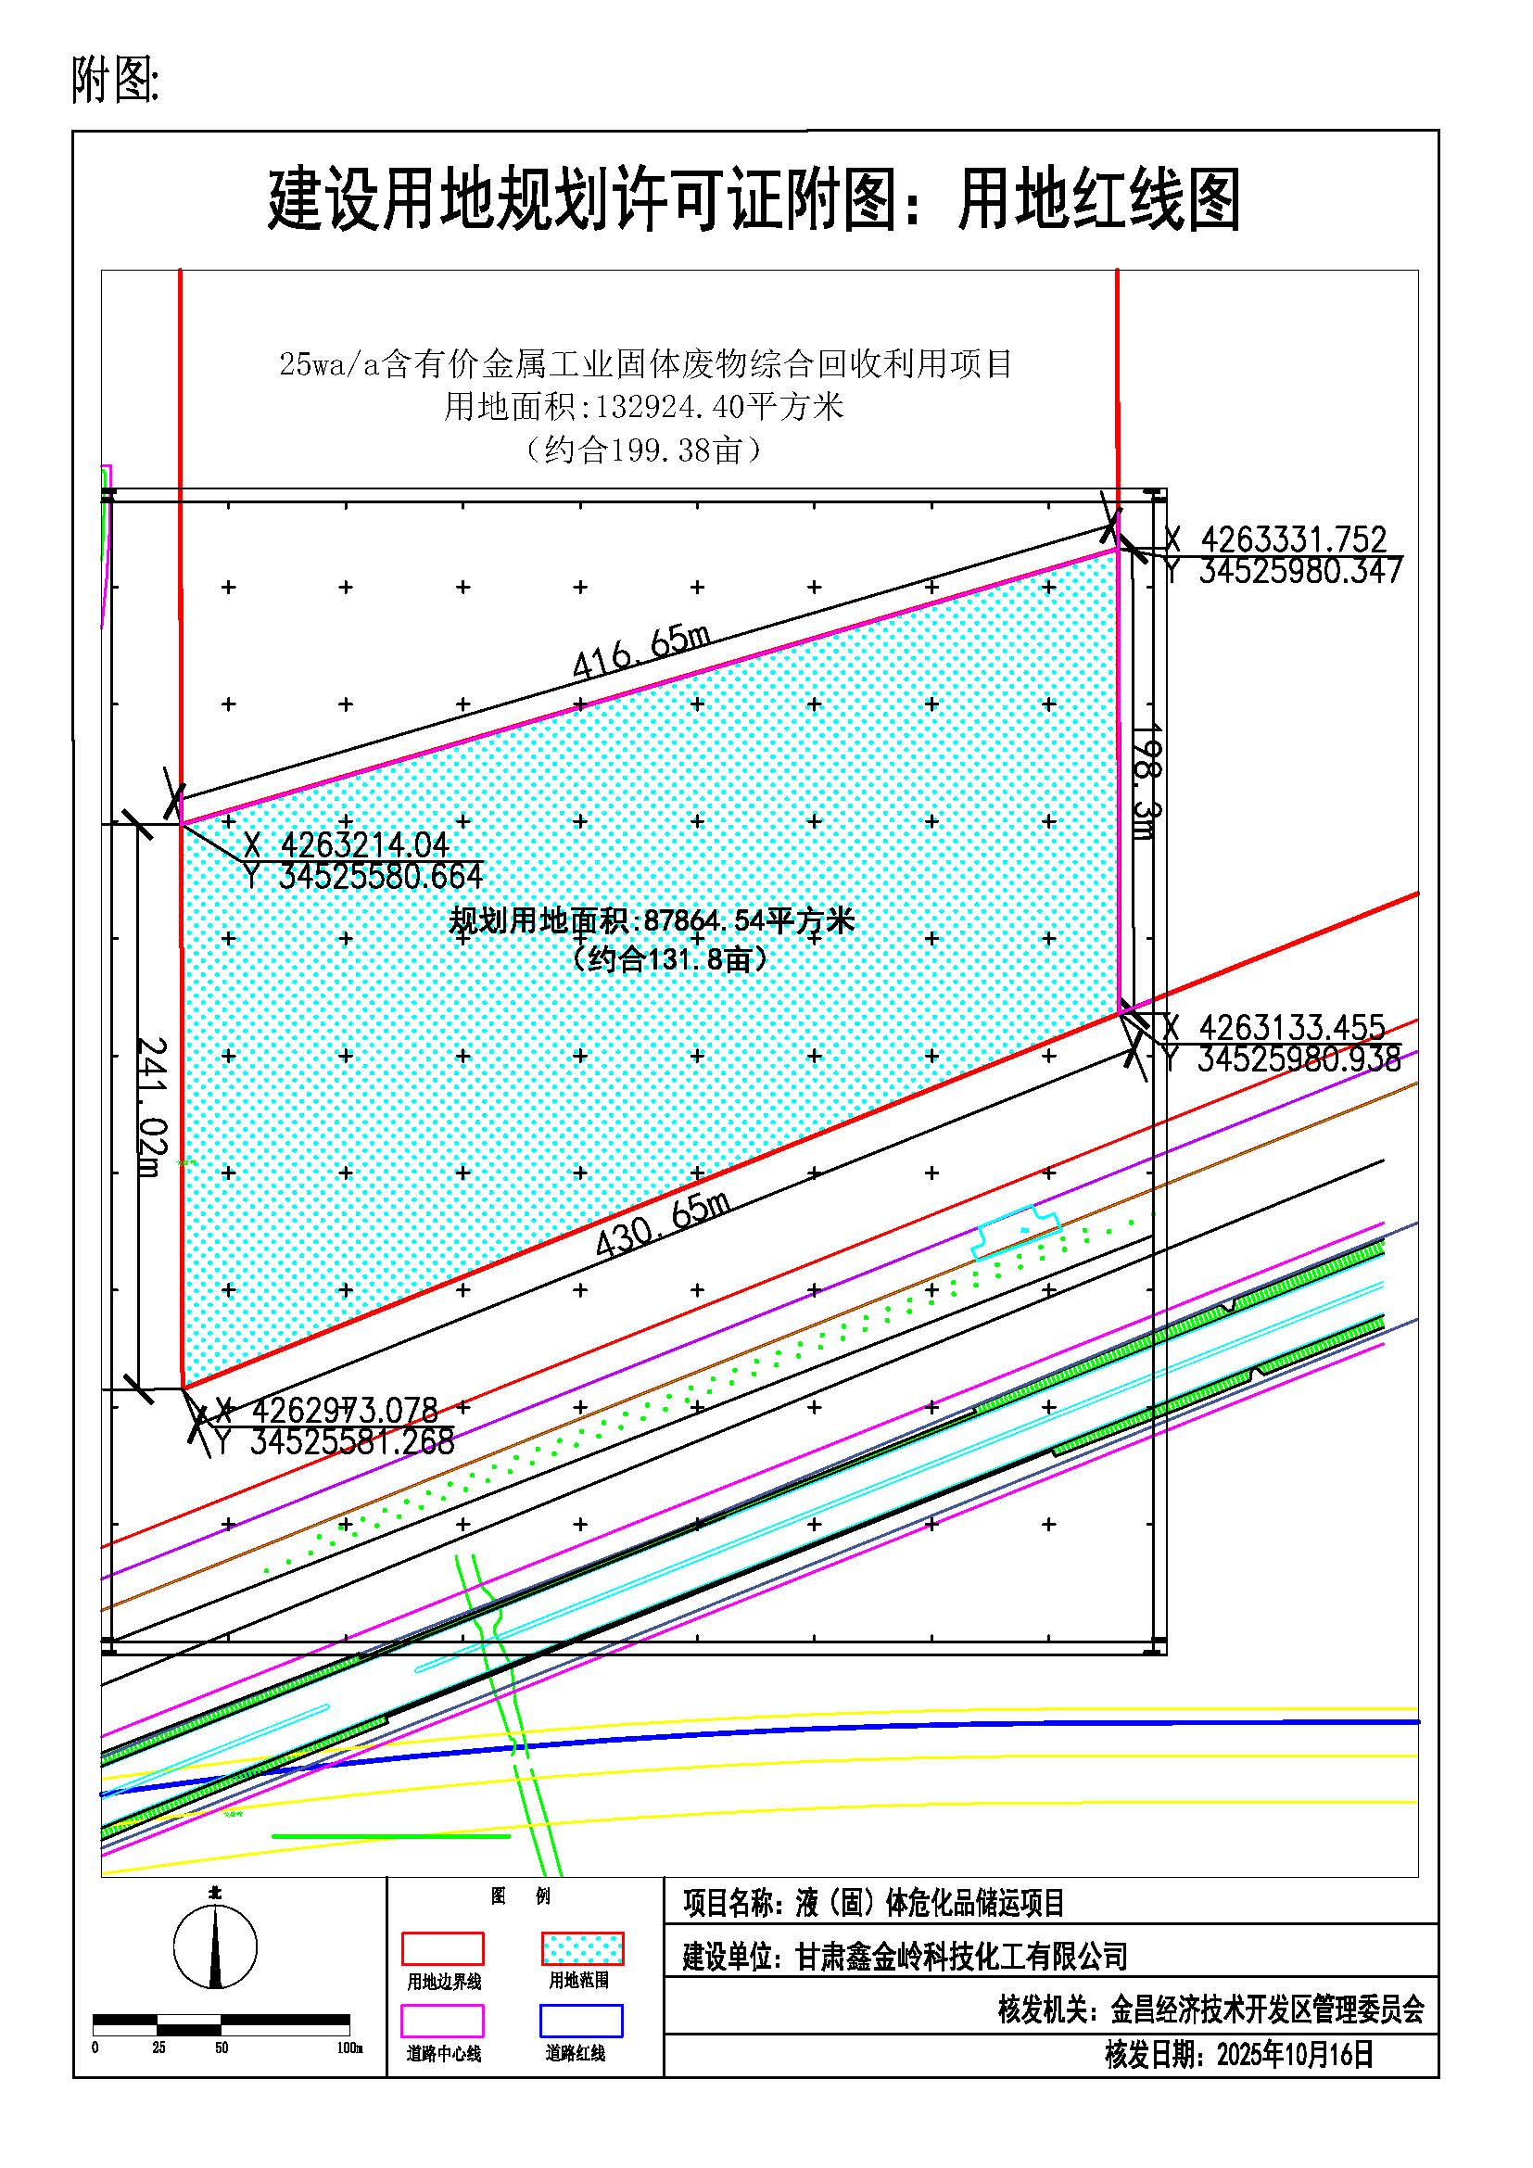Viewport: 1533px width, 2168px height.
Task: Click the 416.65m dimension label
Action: click(x=641, y=652)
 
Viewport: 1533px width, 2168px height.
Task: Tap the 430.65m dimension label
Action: click(x=664, y=1224)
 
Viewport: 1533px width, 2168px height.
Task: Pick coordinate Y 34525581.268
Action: click(x=336, y=1442)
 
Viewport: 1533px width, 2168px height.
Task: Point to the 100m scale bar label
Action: click(x=349, y=2048)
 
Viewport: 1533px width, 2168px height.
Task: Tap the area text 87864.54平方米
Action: click(x=749, y=919)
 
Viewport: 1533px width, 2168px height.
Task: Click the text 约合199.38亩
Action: click(x=644, y=450)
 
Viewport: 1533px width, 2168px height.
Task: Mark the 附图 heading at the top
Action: click(x=115, y=80)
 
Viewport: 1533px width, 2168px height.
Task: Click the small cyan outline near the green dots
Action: click(x=1016, y=1231)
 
